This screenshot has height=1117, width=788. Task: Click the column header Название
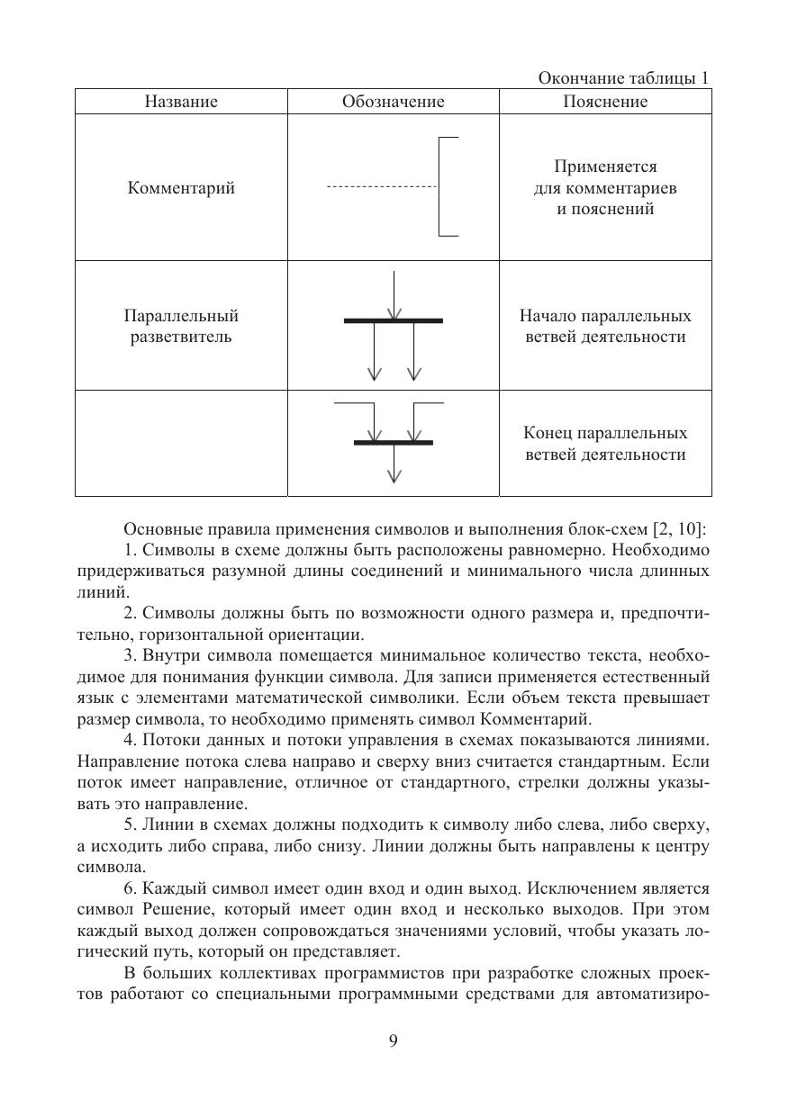[180, 102]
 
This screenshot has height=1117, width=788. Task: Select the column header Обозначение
[393, 102]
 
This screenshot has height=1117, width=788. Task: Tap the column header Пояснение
[604, 102]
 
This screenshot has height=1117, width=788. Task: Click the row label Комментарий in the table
[180, 188]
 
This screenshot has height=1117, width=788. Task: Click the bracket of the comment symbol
[440, 187]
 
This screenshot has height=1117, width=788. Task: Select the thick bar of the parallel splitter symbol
[393, 320]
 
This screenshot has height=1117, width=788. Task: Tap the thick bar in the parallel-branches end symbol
[393, 443]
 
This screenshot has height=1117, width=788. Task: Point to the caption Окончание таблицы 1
[623, 78]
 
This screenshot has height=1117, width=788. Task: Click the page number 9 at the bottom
[393, 1041]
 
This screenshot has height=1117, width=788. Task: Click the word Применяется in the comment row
[605, 167]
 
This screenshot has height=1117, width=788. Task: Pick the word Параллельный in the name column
[180, 317]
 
